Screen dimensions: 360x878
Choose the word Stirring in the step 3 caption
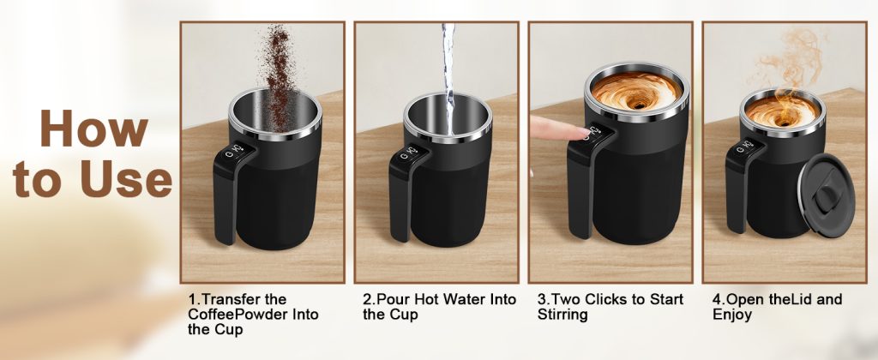point(562,315)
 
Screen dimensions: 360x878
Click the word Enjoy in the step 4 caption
point(732,315)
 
